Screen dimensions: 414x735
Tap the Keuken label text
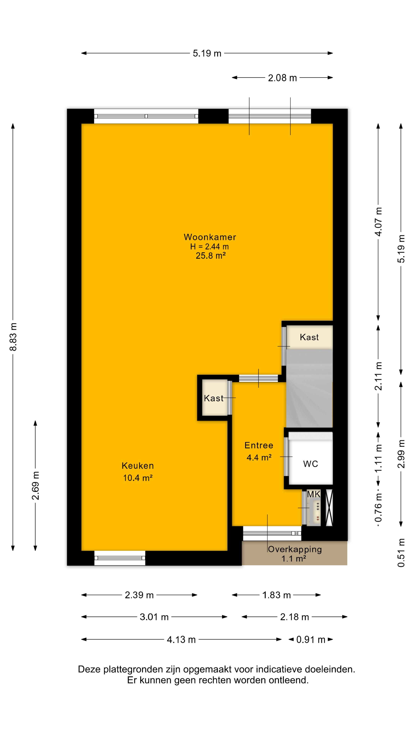138,466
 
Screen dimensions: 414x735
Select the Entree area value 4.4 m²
259,457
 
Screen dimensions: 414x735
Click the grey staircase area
309,388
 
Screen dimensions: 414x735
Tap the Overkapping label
295,549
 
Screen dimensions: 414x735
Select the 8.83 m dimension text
13,337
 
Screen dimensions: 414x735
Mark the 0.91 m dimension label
311,640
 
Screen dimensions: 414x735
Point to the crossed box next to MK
329,508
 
